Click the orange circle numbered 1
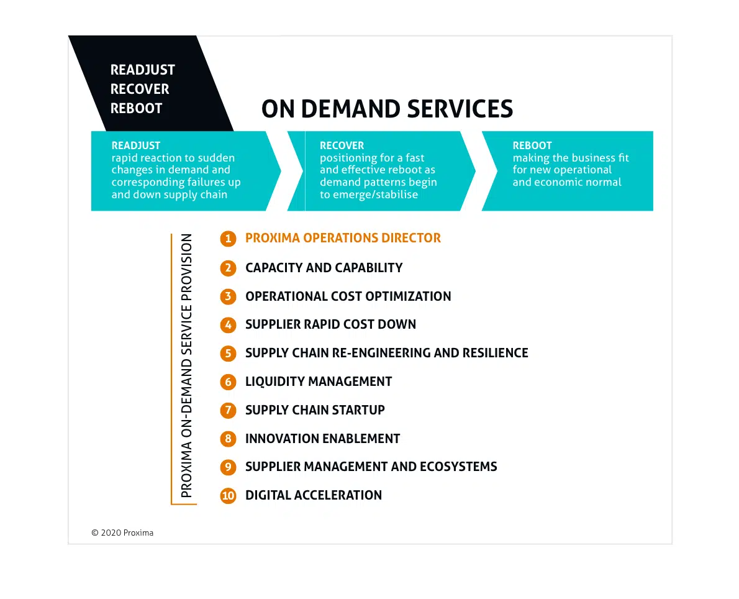point(228,239)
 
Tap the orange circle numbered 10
point(228,496)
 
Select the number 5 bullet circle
point(228,354)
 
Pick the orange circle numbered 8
point(228,439)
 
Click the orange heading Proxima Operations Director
point(343,238)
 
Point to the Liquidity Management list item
point(319,382)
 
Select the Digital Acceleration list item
point(314,495)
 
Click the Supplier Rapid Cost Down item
point(330,324)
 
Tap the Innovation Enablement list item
point(322,439)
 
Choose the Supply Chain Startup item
point(315,410)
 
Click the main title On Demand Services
point(387,109)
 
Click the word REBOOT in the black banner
point(136,109)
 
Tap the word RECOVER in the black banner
point(140,89)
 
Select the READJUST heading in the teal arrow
point(136,145)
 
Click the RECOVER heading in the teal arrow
point(342,145)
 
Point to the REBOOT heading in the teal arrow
point(532,145)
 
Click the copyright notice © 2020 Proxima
point(122,533)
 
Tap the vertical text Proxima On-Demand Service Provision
point(187,365)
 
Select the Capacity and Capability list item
point(324,268)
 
